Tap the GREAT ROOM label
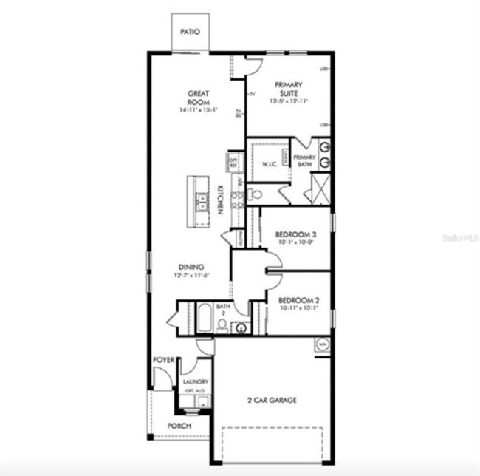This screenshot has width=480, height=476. click(x=199, y=98)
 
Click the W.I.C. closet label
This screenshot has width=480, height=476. click(x=270, y=166)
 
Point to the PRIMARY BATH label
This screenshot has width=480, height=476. click(x=304, y=160)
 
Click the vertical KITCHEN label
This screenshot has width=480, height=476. click(x=219, y=200)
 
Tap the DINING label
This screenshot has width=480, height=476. click(x=191, y=267)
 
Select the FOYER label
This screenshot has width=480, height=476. click(x=163, y=359)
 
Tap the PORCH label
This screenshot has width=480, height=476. click(x=179, y=426)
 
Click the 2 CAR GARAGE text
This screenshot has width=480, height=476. click(x=272, y=400)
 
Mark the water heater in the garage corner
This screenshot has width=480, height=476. click(x=322, y=344)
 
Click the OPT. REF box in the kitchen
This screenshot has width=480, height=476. click(x=233, y=162)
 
